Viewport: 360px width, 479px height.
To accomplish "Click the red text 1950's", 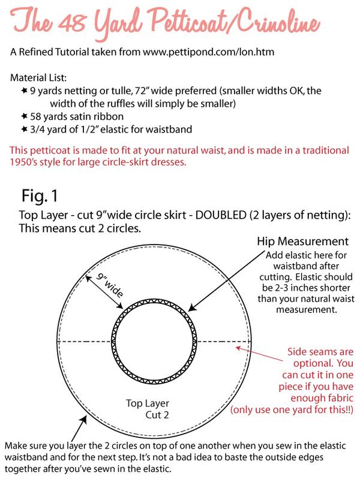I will click(x=28, y=161).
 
